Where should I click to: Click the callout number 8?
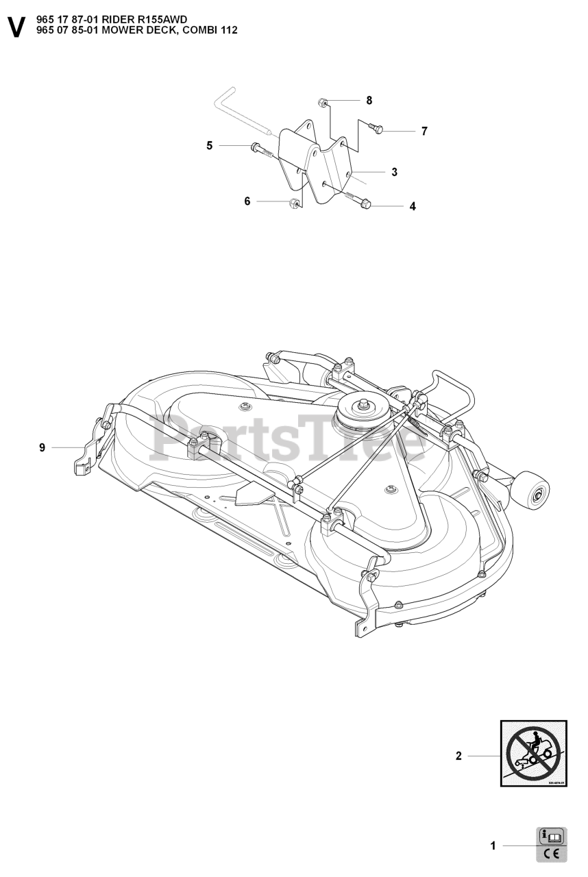coord(369,100)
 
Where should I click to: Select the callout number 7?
coord(424,131)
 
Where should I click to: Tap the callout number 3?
coord(395,172)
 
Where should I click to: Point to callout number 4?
coord(413,206)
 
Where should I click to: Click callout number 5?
coord(210,145)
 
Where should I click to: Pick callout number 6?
coord(247,201)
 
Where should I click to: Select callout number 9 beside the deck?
coord(42,447)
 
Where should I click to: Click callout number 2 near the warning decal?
coord(458,756)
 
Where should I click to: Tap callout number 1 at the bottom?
coord(493,846)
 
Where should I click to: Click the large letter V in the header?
coord(16,27)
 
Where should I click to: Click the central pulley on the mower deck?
coord(359,410)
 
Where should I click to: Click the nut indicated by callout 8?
coord(322,103)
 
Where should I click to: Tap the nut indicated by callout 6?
coord(293,203)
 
